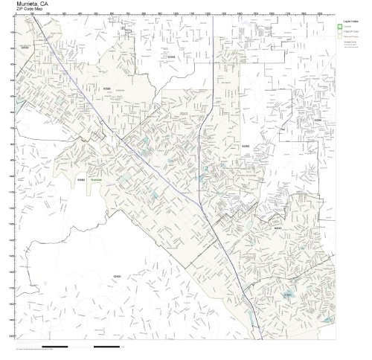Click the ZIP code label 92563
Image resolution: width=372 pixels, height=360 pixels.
pyautogui.click(x=246, y=146)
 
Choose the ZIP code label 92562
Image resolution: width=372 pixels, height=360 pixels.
pyautogui.click(x=81, y=179)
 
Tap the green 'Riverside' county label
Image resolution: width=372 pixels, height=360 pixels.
pyautogui.click(x=96, y=180)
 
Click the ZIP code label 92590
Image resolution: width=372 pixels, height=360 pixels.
pyautogui.click(x=117, y=277)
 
